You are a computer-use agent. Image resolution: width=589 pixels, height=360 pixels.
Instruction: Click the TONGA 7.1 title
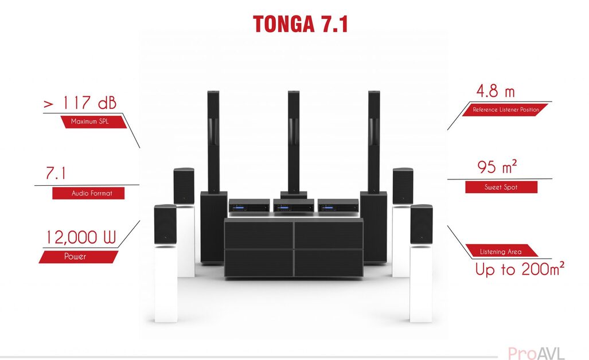(301, 24)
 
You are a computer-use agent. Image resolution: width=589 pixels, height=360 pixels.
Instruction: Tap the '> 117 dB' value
(80, 104)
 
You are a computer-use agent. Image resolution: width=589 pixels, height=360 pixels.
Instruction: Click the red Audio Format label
(88, 194)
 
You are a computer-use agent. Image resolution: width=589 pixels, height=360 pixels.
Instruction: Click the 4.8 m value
(496, 92)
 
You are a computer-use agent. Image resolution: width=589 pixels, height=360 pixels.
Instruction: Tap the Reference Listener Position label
(505, 109)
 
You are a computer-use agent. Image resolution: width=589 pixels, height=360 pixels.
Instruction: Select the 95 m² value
(497, 167)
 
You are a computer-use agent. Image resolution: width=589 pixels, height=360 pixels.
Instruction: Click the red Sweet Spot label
(501, 187)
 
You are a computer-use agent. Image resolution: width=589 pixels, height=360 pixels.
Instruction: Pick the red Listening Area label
(501, 252)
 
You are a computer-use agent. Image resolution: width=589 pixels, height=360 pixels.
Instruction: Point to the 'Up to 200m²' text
(520, 269)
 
